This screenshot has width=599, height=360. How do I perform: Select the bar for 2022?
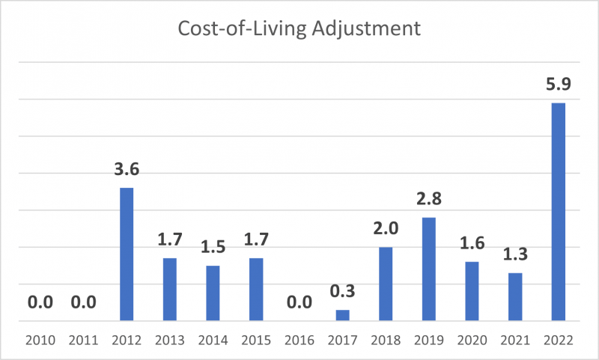coord(558,212)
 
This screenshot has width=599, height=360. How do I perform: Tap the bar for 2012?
coord(127,254)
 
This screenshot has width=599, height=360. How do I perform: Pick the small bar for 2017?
coord(342,315)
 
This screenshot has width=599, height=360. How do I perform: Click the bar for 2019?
coord(428,269)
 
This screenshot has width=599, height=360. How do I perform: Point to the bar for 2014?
coord(213,293)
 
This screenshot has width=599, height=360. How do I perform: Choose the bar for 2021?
coord(514,296)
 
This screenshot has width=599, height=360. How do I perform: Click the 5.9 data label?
coord(558,85)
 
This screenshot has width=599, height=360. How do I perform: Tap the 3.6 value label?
coord(127,169)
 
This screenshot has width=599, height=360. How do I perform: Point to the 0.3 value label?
coord(342,291)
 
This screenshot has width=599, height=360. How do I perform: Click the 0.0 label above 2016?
coord(299,302)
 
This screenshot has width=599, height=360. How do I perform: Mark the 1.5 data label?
coord(213,247)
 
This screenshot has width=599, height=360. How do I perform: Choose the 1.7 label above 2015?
coord(256,240)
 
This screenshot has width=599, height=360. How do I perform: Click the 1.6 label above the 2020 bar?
coord(472,243)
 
